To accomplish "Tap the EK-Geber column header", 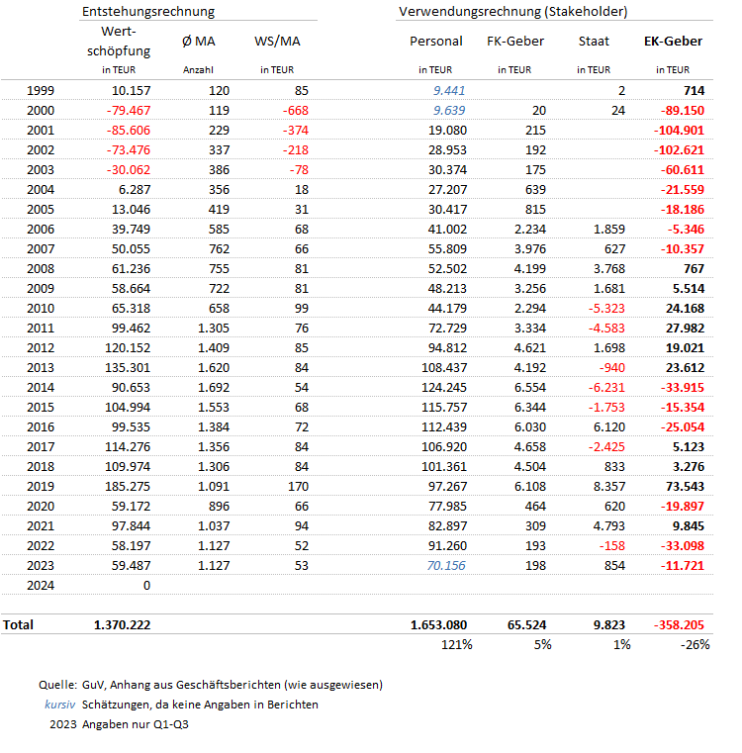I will (x=673, y=42).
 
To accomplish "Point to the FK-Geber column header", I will (x=515, y=42).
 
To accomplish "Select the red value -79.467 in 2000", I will (x=127, y=110).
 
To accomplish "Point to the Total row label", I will (x=19, y=625).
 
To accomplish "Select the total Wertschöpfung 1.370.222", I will (x=122, y=625).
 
